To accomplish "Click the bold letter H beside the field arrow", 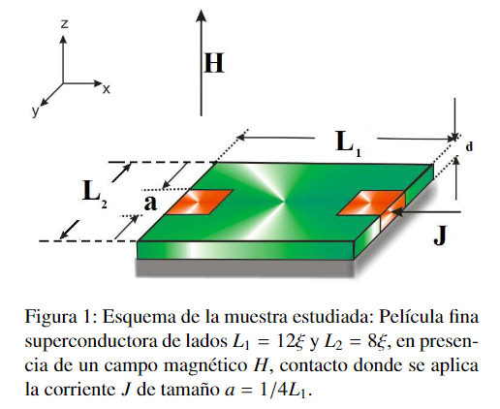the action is [214, 62].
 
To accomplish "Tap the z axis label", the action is [65, 24].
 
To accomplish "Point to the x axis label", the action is [107, 89].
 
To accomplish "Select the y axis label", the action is [35, 110].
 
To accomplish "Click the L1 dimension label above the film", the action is [348, 143].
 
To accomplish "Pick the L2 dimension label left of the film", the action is [94, 195].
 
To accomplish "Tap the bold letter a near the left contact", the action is [150, 203].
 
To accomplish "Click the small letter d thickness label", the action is [469, 146].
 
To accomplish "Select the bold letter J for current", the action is [440, 236].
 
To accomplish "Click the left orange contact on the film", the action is [200, 202].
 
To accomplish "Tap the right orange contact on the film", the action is [371, 203].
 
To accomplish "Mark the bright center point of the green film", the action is [285, 203].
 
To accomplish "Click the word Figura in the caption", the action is [50, 317].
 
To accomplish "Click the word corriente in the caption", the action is [79, 390].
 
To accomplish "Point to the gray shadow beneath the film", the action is [245, 268].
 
